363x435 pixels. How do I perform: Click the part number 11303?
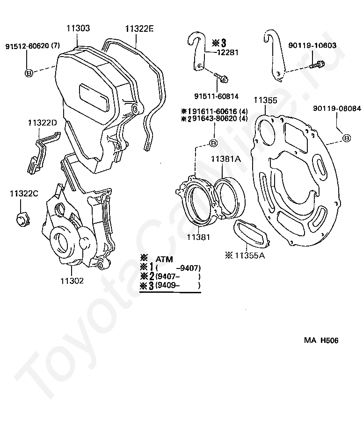(78, 29)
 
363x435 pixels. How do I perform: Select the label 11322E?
(139, 29)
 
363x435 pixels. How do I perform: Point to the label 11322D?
(42, 123)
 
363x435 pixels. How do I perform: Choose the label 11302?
(72, 281)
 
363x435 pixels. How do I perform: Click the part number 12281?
(227, 52)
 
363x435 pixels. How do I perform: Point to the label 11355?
(265, 100)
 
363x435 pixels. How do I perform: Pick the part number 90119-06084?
(337, 109)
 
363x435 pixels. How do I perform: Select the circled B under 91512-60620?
(28, 72)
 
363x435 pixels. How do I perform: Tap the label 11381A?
(225, 159)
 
